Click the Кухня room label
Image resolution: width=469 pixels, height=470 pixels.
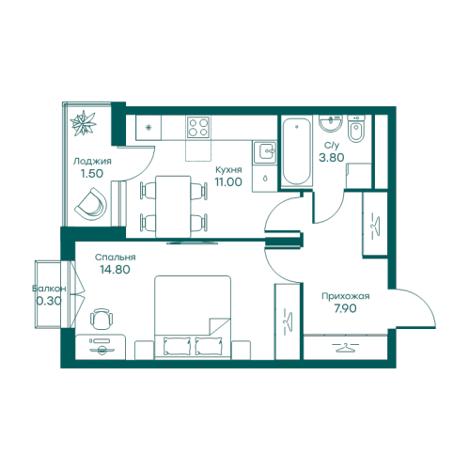[228, 170]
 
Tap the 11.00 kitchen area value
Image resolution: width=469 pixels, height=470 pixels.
[228, 181]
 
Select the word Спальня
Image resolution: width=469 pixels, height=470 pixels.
[116, 258]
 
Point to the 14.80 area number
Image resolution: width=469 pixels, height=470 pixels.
[115, 270]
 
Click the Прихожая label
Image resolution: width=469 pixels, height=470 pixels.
[346, 296]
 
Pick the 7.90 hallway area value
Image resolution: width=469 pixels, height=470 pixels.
[345, 308]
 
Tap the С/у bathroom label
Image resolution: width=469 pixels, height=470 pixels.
[332, 146]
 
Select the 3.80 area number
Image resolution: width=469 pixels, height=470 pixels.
[332, 157]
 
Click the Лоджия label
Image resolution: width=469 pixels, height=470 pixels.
[92, 162]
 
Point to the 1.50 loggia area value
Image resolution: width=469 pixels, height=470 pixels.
[92, 174]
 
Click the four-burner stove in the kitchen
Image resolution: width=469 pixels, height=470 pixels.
[198, 127]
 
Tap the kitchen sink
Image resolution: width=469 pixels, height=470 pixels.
[265, 152]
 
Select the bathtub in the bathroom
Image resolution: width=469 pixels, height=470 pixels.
[297, 152]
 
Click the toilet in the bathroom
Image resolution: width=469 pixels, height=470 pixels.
[356, 129]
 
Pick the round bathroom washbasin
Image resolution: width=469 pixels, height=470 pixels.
[331, 123]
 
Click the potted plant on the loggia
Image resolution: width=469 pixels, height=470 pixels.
[83, 123]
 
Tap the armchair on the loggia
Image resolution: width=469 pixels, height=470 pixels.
[91, 204]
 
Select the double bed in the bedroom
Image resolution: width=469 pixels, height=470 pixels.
[193, 318]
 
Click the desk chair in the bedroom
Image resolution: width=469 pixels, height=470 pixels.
[102, 318]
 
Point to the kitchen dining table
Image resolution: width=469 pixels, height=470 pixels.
[173, 207]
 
